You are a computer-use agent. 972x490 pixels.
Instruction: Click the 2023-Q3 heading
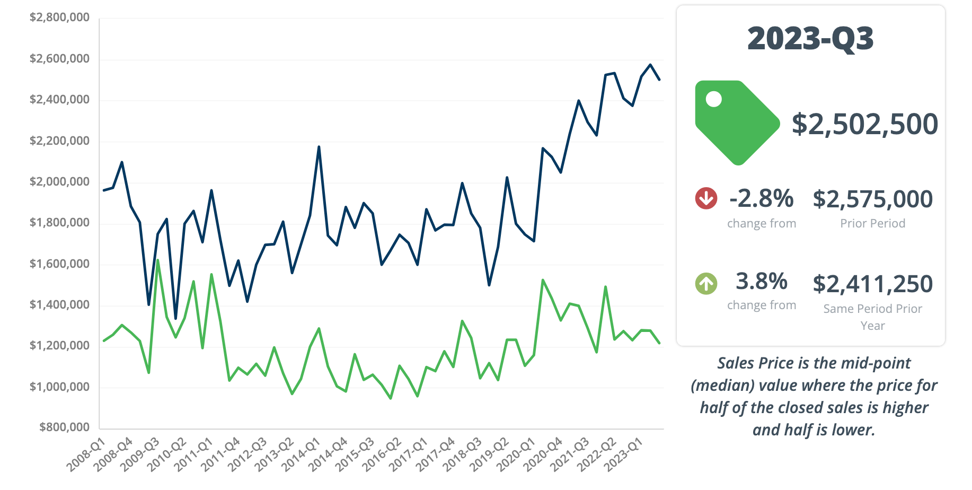810,39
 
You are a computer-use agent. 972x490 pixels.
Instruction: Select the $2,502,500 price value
864,124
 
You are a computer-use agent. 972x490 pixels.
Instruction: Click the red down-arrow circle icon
706,198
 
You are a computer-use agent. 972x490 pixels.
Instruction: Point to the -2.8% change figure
761,199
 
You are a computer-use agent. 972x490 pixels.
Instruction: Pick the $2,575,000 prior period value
872,199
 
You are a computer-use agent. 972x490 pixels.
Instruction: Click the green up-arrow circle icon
706,283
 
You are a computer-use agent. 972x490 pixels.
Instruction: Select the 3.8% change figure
761,282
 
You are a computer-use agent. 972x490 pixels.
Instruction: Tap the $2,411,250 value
872,284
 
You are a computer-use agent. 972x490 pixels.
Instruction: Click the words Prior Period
872,223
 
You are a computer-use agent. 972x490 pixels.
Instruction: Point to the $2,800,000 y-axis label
59,17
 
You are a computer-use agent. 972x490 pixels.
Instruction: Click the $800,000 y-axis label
64,427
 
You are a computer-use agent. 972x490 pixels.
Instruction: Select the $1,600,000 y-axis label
59,264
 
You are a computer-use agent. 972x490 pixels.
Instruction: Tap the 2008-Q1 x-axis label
86,454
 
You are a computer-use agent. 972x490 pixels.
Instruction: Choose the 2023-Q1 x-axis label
624,454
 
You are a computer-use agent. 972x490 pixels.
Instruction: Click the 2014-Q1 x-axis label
301,454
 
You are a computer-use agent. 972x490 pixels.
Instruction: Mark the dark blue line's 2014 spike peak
319,147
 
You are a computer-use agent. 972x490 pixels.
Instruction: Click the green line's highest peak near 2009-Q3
157,260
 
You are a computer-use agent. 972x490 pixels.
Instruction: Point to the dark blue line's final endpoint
659,80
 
